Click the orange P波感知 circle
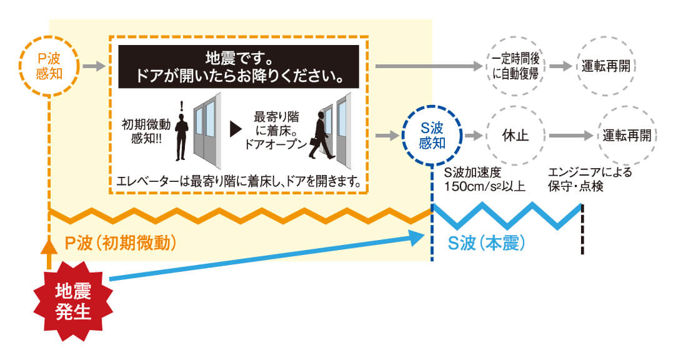click(49, 37)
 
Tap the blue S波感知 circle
click(432, 106)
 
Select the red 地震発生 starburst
click(73, 301)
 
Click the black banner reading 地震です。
click(239, 66)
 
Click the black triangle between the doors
click(236, 129)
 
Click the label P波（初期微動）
click(121, 244)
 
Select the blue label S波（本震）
click(487, 244)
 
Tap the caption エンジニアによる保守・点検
click(590, 179)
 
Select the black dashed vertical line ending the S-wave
click(582, 229)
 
